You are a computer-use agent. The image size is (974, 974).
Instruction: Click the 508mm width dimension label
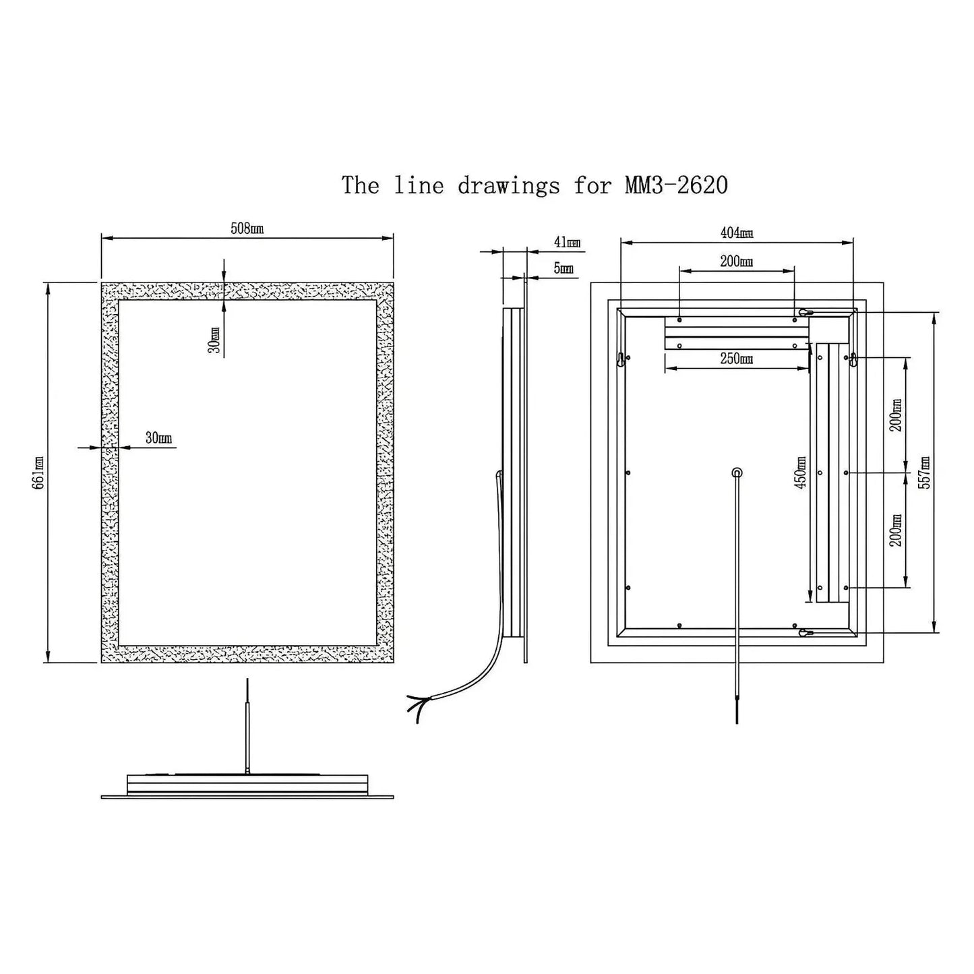[x=247, y=229]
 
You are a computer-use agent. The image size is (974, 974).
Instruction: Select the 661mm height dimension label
[x=38, y=473]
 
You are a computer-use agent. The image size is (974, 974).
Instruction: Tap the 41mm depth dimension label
[x=566, y=243]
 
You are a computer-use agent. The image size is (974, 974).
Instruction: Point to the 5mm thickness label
[x=564, y=268]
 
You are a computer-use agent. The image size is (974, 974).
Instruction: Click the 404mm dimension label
[x=736, y=233]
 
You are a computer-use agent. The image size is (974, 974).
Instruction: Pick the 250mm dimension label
[x=736, y=359]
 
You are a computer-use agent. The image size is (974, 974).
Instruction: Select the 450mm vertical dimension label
[x=801, y=473]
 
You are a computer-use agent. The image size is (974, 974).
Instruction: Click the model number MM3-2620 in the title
[x=676, y=185]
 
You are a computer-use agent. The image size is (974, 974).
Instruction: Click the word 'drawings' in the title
[x=508, y=185]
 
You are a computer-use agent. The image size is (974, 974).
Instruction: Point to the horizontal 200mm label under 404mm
[x=736, y=262]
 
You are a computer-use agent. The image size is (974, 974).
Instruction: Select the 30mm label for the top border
[x=214, y=340]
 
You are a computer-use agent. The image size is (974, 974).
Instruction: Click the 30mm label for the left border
[x=158, y=438]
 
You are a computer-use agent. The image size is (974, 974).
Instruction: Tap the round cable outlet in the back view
[x=737, y=473]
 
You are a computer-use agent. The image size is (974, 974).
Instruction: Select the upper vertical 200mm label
[x=896, y=415]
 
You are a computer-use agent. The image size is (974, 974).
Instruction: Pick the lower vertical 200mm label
[x=896, y=530]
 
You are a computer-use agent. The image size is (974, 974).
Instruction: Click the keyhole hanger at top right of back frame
[x=805, y=312]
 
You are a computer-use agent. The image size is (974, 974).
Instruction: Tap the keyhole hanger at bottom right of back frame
[x=805, y=633]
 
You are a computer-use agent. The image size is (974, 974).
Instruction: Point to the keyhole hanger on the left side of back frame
[x=620, y=360]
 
